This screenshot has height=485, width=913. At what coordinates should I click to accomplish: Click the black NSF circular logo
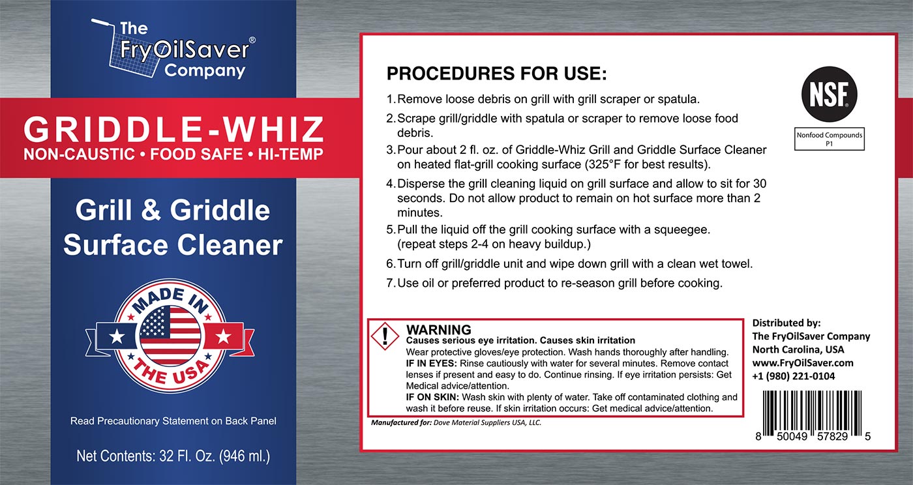(x=829, y=94)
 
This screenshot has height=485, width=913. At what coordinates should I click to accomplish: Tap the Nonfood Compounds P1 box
(x=830, y=139)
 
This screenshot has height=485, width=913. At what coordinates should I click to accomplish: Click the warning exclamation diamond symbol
(x=385, y=336)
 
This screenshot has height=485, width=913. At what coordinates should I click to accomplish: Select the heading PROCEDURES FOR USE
(x=496, y=74)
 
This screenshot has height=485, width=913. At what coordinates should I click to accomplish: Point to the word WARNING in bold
(x=438, y=329)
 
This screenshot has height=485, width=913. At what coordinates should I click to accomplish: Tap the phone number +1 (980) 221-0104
(x=794, y=376)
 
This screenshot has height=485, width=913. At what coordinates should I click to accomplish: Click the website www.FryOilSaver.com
(x=803, y=362)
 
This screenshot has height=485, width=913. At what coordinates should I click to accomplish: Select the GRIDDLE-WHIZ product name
(x=173, y=129)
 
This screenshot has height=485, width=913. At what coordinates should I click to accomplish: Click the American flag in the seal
(x=170, y=336)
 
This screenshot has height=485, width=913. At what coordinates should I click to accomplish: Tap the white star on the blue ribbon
(x=117, y=336)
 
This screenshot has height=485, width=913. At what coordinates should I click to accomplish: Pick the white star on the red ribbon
(x=223, y=336)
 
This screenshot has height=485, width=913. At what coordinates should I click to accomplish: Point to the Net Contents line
(x=173, y=456)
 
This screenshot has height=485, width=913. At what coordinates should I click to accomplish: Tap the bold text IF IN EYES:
(x=431, y=364)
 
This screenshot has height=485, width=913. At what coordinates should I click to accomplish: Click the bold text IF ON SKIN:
(x=432, y=398)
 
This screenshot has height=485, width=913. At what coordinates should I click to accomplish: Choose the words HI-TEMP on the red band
(x=290, y=154)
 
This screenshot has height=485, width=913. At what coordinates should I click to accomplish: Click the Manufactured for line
(x=456, y=422)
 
